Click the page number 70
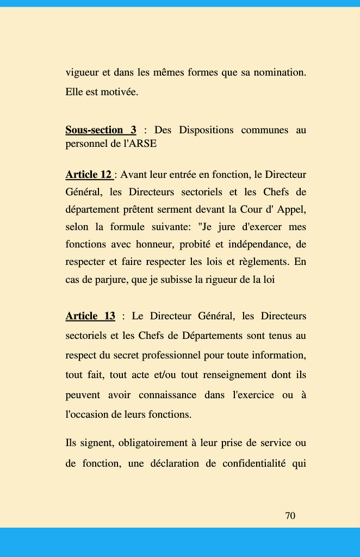(x=290, y=516)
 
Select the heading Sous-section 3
(x=101, y=130)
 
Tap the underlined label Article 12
(x=89, y=175)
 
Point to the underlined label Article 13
(x=90, y=316)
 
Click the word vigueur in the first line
(x=80, y=72)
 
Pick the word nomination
(x=280, y=72)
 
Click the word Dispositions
(x=206, y=130)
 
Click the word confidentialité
(x=253, y=462)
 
